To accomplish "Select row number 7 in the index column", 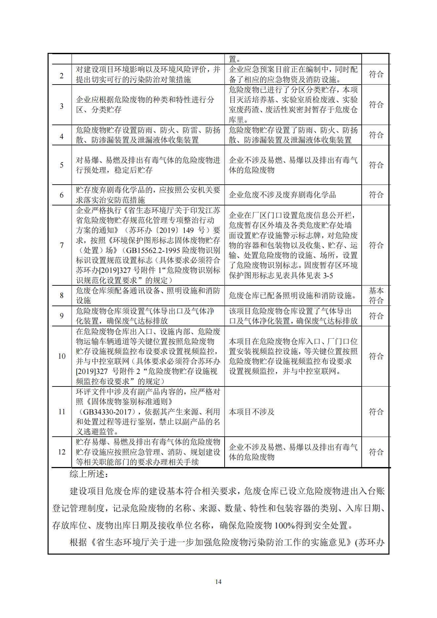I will pos(62,245).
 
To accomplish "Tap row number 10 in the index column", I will pos(62,356).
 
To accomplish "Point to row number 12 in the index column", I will pos(62,452).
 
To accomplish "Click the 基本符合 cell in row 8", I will pos(376,295).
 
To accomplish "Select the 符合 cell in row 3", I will pos(376,105).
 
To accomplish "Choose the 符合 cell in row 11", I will pos(376,412).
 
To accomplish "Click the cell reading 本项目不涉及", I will pos(252,412).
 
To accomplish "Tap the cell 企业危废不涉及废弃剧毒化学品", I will pos(282,195).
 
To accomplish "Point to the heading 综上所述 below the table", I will pos(89,474).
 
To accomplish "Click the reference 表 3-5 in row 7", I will pos(323,275).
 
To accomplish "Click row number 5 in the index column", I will pos(62,165).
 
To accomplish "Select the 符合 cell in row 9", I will pos(376,316).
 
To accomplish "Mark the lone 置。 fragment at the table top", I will pos(234,59).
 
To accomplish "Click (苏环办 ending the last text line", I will pos(370,542).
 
